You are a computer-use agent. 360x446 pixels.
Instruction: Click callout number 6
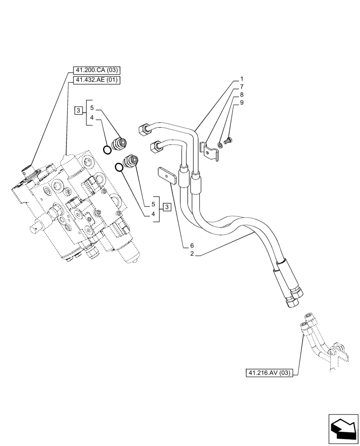pyautogui.click(x=192, y=246)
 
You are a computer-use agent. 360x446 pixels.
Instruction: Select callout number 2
pyautogui.click(x=192, y=254)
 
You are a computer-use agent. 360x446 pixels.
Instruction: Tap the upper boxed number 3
pyautogui.click(x=78, y=110)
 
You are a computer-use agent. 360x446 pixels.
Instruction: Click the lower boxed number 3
pyautogui.click(x=166, y=206)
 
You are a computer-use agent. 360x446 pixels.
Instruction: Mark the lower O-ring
pyautogui.click(x=119, y=167)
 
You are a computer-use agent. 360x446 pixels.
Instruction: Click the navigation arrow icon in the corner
pyautogui.click(x=343, y=429)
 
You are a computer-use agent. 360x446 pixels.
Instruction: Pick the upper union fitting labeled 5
pyautogui.click(x=120, y=143)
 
